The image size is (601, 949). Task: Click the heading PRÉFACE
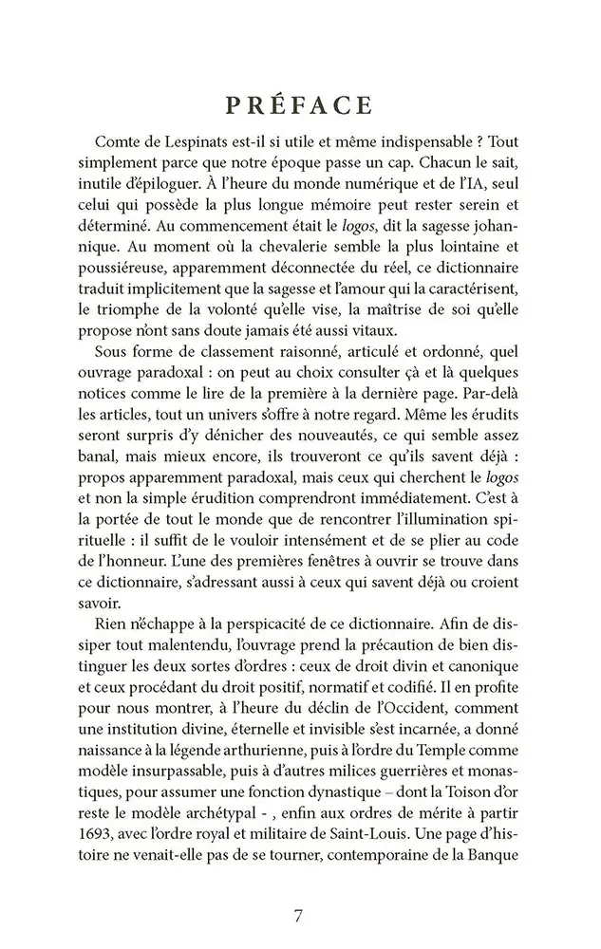(300, 104)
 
